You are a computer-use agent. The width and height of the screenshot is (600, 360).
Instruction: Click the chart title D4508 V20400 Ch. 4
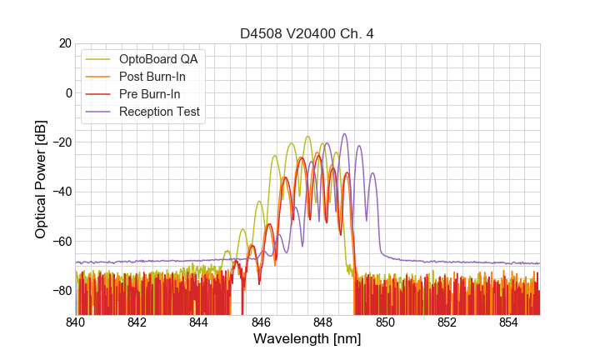point(307,33)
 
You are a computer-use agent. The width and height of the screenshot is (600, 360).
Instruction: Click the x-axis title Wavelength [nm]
point(307,339)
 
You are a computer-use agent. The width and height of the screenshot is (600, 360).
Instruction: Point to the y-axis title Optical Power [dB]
point(40,179)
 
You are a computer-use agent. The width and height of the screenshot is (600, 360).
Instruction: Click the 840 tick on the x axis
point(75,323)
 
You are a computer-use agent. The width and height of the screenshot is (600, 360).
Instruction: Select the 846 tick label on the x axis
point(261,323)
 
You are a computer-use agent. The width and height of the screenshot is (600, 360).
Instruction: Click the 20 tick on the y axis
point(64,43)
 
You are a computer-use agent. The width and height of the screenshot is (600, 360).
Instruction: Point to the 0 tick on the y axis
point(67,92)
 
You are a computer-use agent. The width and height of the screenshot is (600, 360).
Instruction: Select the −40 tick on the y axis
point(61,192)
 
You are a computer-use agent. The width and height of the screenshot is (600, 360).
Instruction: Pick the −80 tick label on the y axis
point(61,291)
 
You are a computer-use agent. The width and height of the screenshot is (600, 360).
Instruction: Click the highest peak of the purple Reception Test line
point(343,133)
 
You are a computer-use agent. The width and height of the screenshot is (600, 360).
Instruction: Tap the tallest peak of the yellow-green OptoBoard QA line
point(307,136)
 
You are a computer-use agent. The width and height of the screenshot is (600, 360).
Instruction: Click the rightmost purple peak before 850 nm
point(373,173)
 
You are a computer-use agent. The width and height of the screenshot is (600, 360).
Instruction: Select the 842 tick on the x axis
point(137,323)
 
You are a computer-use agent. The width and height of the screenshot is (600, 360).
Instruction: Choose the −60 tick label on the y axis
point(61,242)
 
